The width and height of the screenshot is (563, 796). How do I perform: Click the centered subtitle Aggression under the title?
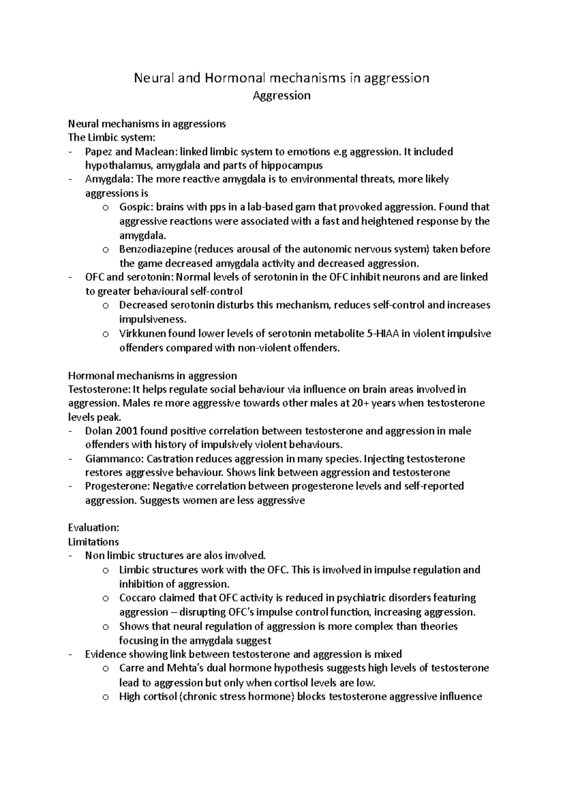click(x=281, y=96)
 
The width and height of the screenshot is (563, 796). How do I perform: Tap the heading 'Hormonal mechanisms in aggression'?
click(x=152, y=375)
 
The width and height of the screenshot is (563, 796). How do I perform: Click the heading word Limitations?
click(x=93, y=542)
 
